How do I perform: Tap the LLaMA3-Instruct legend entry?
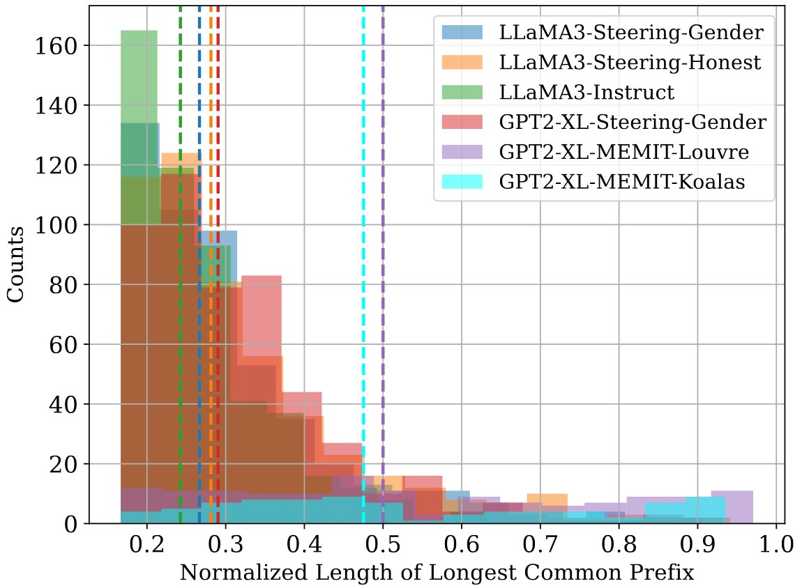tap(587, 92)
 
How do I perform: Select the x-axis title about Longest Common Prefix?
tap(437, 573)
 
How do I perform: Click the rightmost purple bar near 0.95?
tap(732, 507)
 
